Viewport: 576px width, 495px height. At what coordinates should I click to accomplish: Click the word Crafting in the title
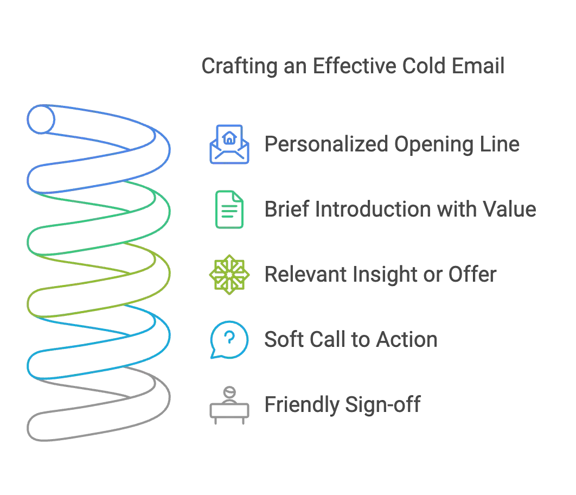tap(231, 67)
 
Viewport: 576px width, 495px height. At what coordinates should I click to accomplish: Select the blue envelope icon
tap(230, 144)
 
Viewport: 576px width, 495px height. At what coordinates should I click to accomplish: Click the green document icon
tap(230, 210)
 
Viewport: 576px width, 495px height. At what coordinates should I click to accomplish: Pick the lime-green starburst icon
tap(230, 275)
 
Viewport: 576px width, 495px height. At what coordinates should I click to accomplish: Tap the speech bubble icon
tap(229, 340)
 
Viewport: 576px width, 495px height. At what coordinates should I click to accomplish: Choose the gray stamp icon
tap(230, 404)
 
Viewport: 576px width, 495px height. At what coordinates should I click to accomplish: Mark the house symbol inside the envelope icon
tap(230, 139)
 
